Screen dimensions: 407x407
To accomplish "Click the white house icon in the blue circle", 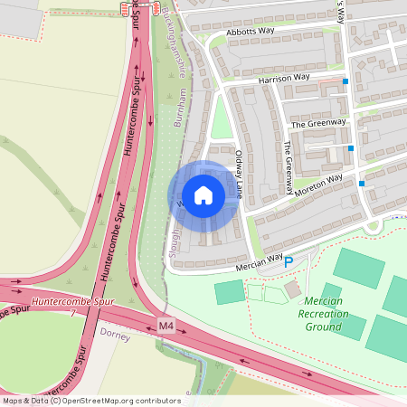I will (203, 195).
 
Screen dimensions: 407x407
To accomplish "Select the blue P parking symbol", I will (289, 262).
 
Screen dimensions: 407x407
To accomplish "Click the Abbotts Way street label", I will (251, 32).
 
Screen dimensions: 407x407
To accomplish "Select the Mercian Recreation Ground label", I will (323, 313).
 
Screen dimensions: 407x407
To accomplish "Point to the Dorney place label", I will (115, 336).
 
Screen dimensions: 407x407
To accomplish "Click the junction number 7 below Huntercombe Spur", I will (71, 312).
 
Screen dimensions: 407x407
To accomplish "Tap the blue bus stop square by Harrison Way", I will (345, 81).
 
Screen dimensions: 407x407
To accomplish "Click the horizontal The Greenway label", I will (317, 123).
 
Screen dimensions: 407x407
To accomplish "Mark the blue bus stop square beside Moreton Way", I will (362, 184).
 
